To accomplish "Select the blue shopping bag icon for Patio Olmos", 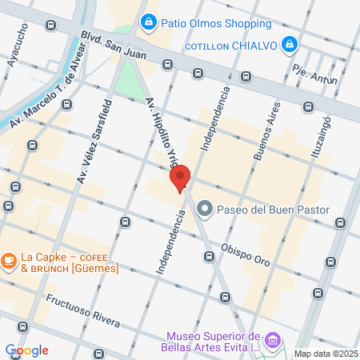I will click(x=147, y=22).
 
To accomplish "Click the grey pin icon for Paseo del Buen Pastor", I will click(x=204, y=210).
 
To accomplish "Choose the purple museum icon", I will click(x=273, y=342).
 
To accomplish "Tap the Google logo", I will click(x=26, y=350).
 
